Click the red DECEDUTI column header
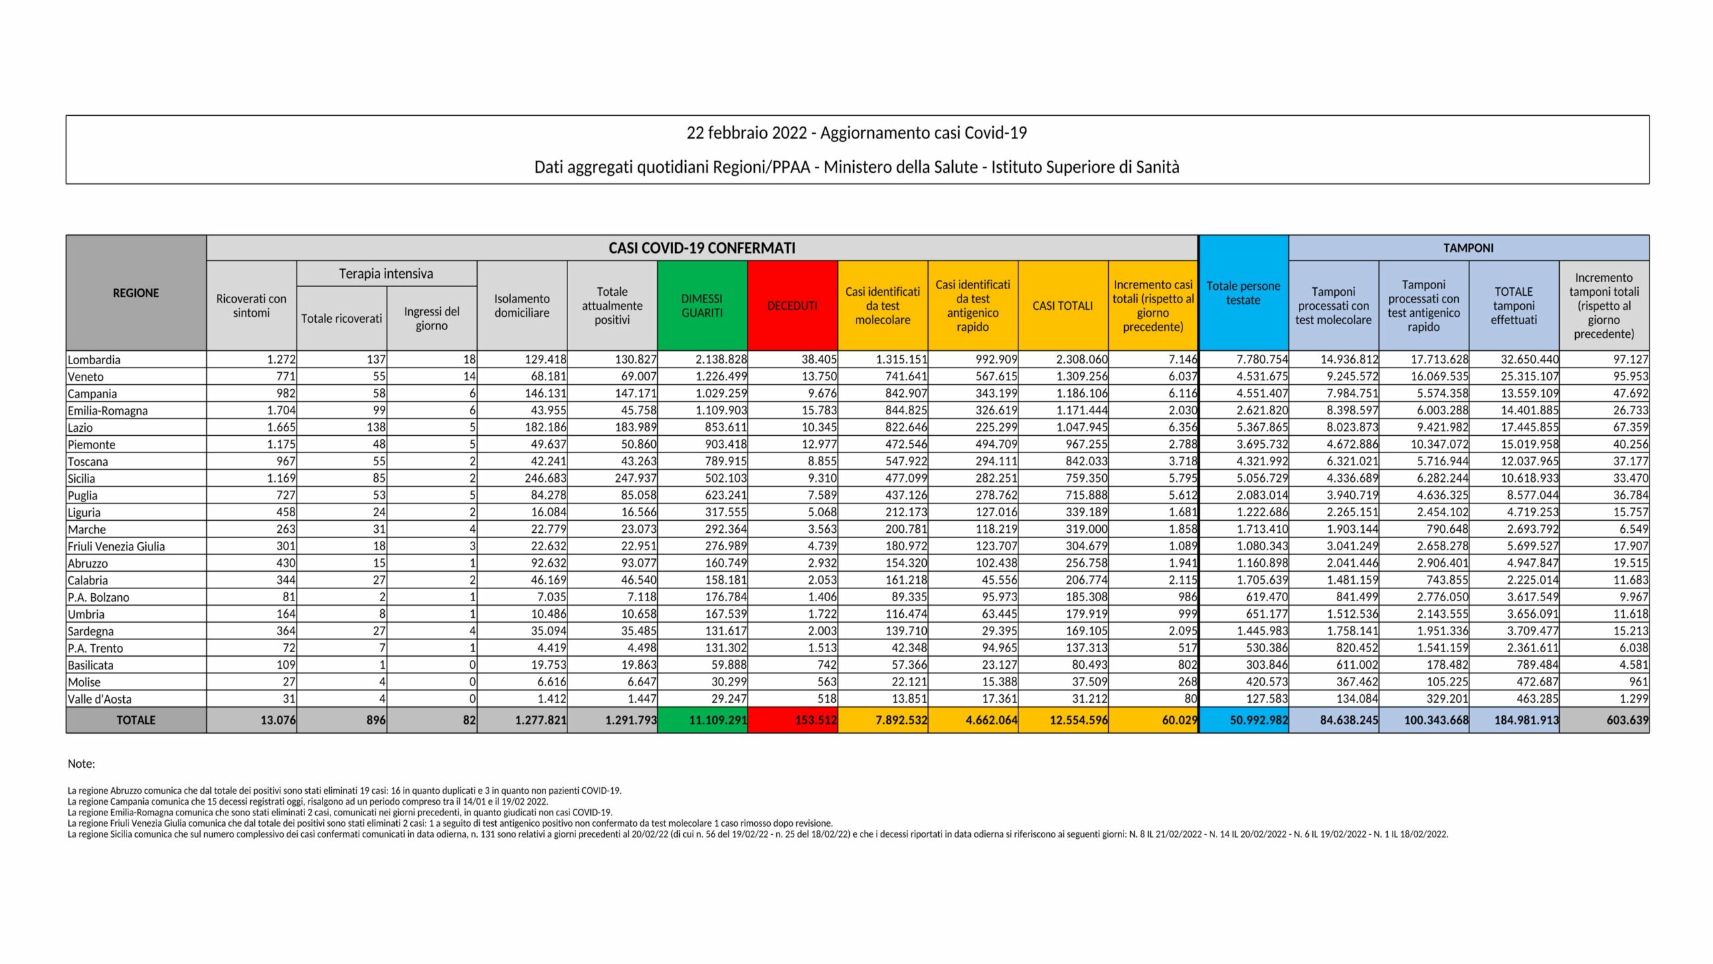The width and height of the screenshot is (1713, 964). point(792,305)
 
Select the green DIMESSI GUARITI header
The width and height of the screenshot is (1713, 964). point(702,305)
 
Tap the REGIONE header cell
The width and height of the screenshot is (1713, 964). point(136,293)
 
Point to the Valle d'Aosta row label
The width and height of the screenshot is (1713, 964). point(100,699)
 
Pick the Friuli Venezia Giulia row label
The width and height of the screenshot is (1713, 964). point(116,546)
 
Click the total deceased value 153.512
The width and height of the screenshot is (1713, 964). point(816,720)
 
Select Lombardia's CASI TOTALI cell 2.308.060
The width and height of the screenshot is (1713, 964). point(1082,359)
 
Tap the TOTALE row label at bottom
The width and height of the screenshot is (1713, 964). point(136,720)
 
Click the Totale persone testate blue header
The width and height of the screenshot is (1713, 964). point(1243,293)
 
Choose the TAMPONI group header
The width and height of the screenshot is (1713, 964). point(1468,248)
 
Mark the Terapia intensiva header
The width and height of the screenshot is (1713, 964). point(386,273)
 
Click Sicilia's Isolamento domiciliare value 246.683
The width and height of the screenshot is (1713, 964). point(545,479)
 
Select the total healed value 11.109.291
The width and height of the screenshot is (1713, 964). point(718,720)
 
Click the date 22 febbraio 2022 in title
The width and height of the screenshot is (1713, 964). point(747,133)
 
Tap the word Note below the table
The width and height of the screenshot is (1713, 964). point(81,764)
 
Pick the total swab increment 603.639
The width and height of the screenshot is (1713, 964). point(1627,720)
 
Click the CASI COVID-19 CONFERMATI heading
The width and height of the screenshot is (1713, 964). point(702,248)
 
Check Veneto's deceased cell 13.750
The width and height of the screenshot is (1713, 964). point(819,377)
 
